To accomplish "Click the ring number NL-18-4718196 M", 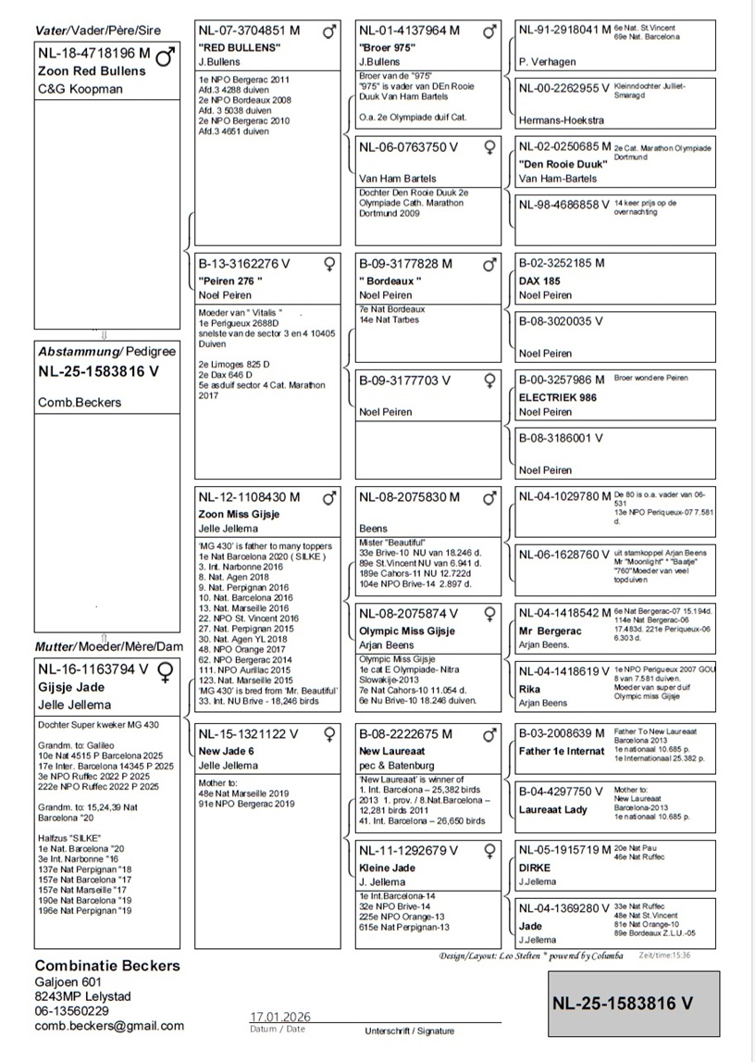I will pos(93,54).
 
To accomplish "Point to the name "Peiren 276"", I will pos(231,281).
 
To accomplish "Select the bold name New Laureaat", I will pos(392,751).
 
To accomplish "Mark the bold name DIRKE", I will pos(535,868).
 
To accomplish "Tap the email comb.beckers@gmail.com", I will pos(109,1026).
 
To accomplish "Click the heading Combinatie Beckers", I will pos(107,966).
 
